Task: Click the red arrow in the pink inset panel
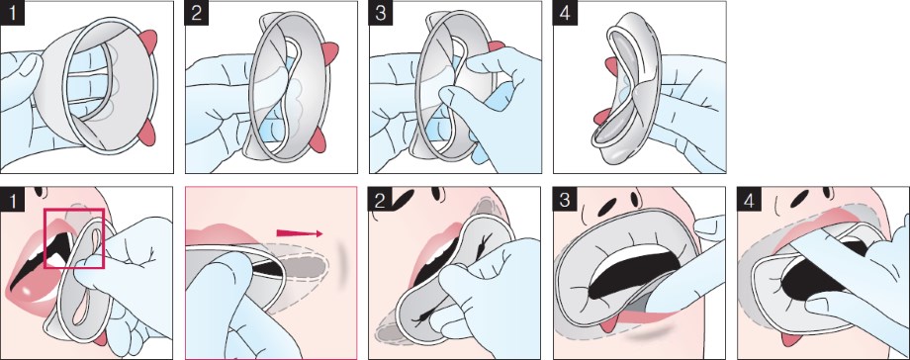point(300,233)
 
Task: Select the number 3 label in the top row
point(381,14)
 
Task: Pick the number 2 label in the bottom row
point(380,200)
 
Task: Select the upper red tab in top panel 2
point(330,49)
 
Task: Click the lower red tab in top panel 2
point(318,139)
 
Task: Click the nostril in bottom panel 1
point(40,191)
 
